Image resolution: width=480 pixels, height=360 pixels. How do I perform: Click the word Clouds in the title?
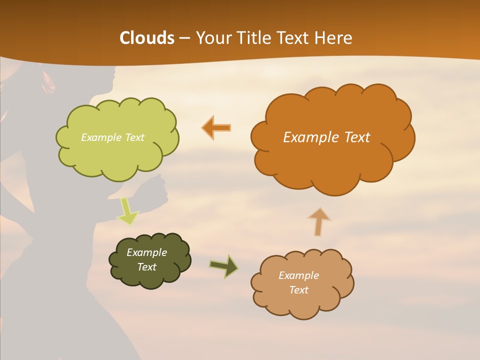(x=147, y=38)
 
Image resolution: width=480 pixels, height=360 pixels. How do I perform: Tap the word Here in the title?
(x=334, y=38)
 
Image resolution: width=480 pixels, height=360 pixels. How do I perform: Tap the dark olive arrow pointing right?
(x=223, y=266)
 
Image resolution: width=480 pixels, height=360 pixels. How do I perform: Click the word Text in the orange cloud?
(x=357, y=137)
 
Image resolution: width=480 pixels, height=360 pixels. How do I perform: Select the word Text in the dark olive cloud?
(x=147, y=267)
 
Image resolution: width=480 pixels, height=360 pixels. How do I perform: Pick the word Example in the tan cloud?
(x=298, y=275)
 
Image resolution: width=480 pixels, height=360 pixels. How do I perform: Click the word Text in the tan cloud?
(x=298, y=290)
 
